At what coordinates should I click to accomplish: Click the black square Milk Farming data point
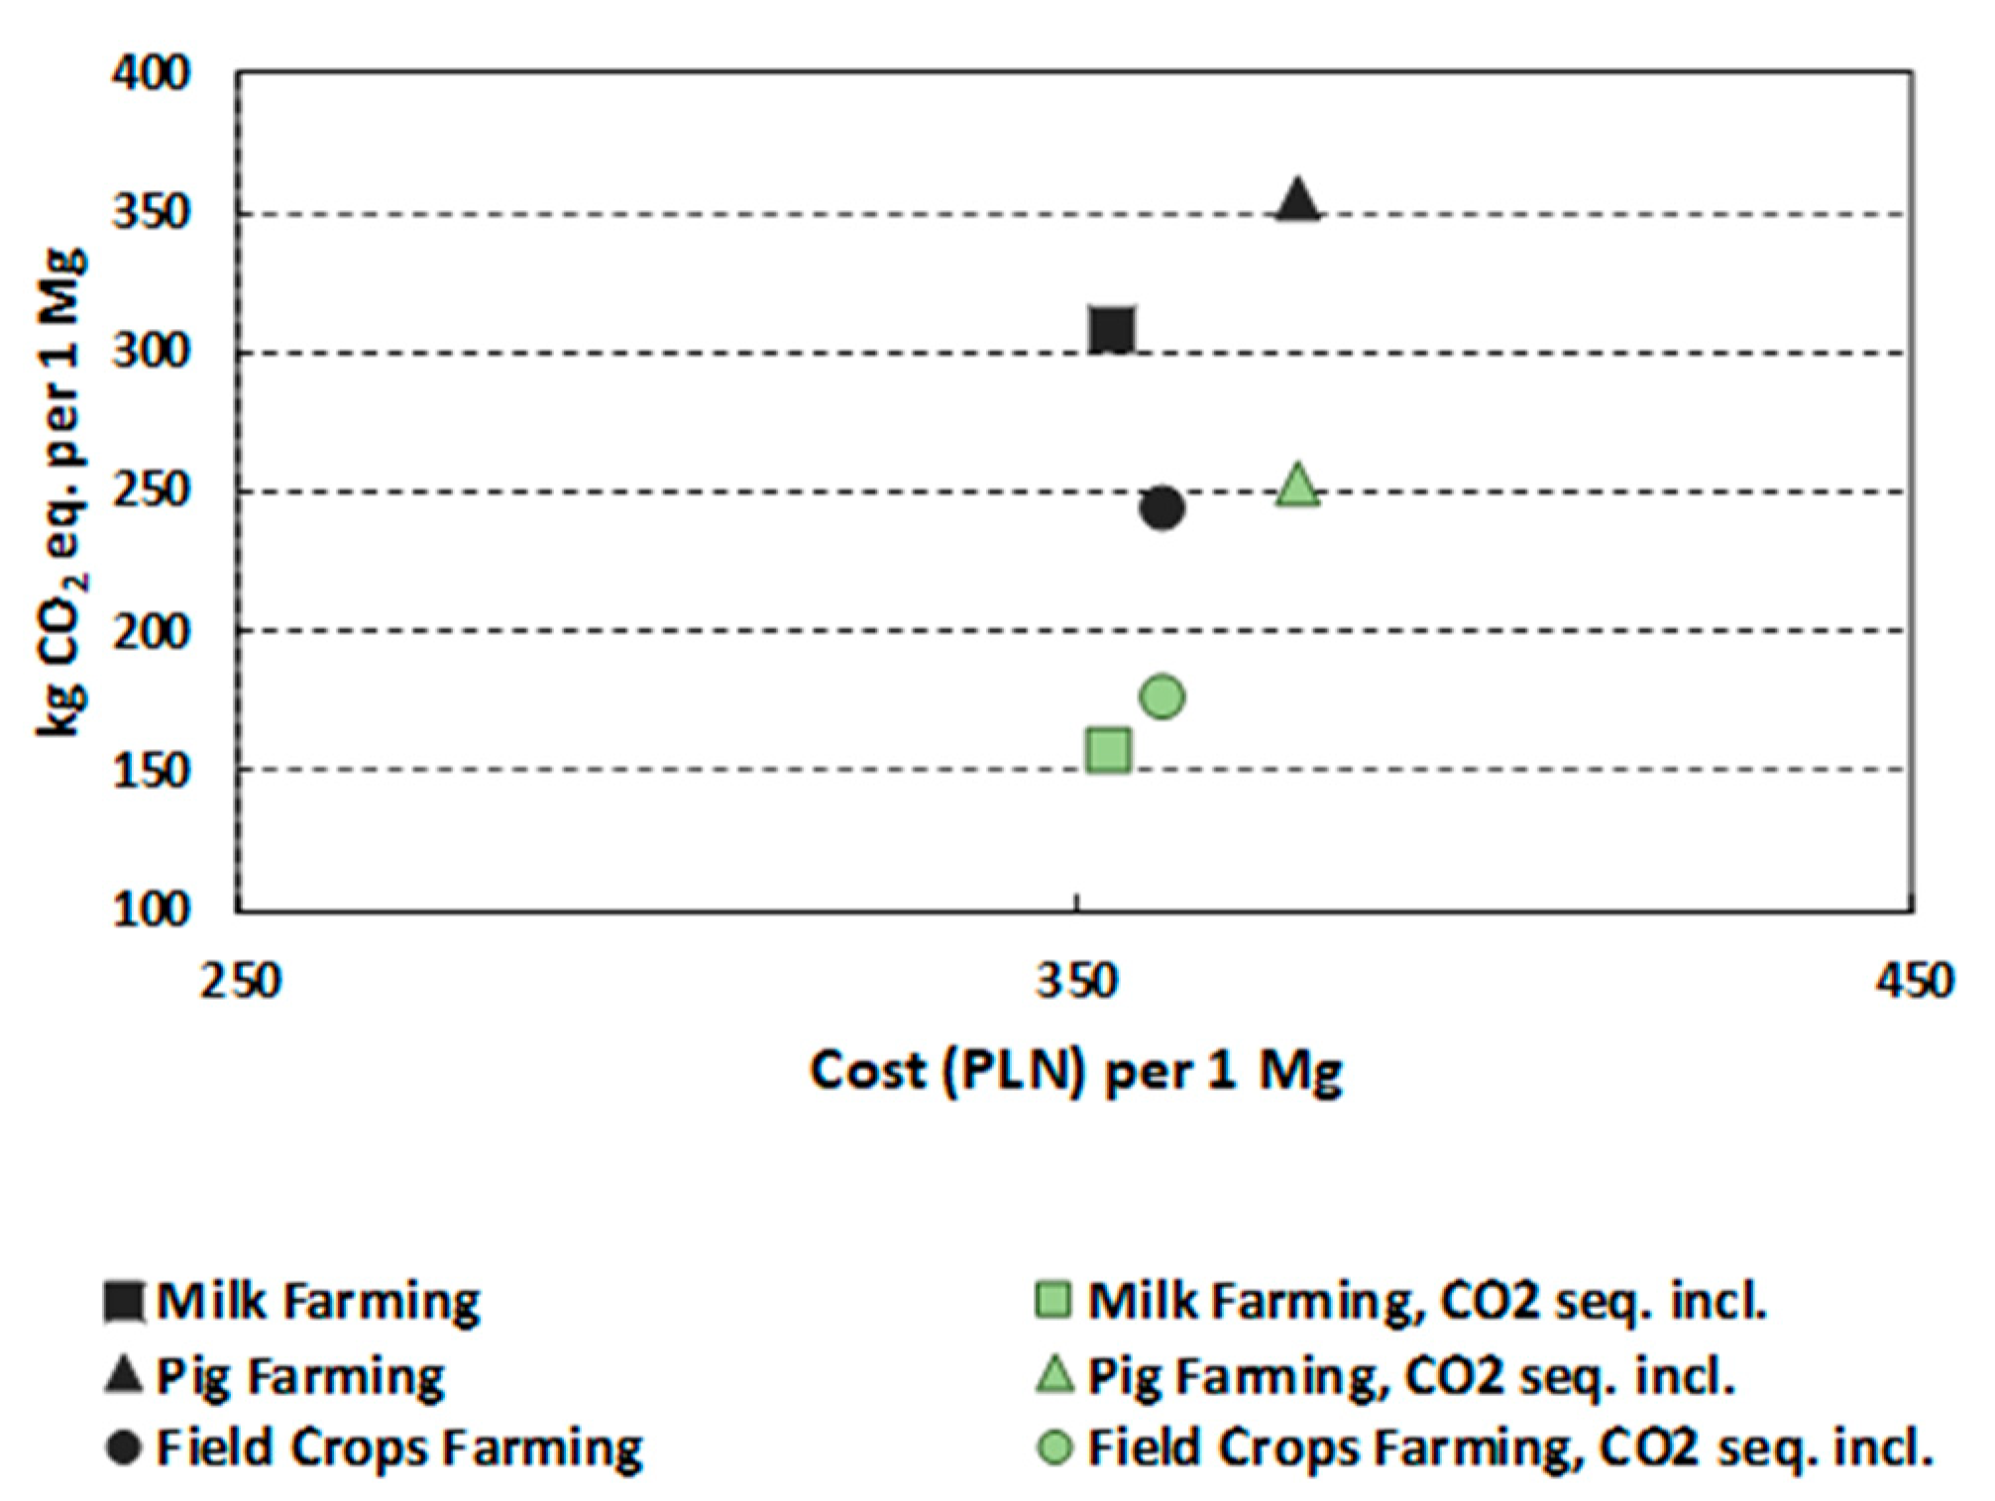point(1111,330)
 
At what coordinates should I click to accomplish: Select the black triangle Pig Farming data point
point(1297,201)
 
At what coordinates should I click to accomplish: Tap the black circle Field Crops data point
point(1162,507)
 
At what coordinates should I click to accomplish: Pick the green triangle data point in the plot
point(1297,486)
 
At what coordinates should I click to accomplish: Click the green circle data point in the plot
point(1162,697)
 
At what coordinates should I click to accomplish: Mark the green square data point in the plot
point(1108,750)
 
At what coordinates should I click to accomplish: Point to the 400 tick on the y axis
point(150,74)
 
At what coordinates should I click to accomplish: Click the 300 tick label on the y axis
point(150,352)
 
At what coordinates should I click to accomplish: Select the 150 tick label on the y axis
point(150,771)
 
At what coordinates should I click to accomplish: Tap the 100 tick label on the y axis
point(150,910)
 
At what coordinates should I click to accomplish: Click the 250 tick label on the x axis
point(241,982)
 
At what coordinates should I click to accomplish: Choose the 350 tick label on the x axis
point(1076,982)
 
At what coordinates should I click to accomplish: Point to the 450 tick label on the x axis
point(1913,982)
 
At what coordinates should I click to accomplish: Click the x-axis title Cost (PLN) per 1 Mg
point(1076,1072)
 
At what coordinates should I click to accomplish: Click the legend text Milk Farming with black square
point(318,1301)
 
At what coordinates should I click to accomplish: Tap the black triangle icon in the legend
point(124,1375)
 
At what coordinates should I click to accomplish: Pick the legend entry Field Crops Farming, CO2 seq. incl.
point(1509,1447)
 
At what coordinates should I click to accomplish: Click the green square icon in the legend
point(1053,1300)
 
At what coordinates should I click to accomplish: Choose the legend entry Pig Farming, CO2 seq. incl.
point(1410,1375)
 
